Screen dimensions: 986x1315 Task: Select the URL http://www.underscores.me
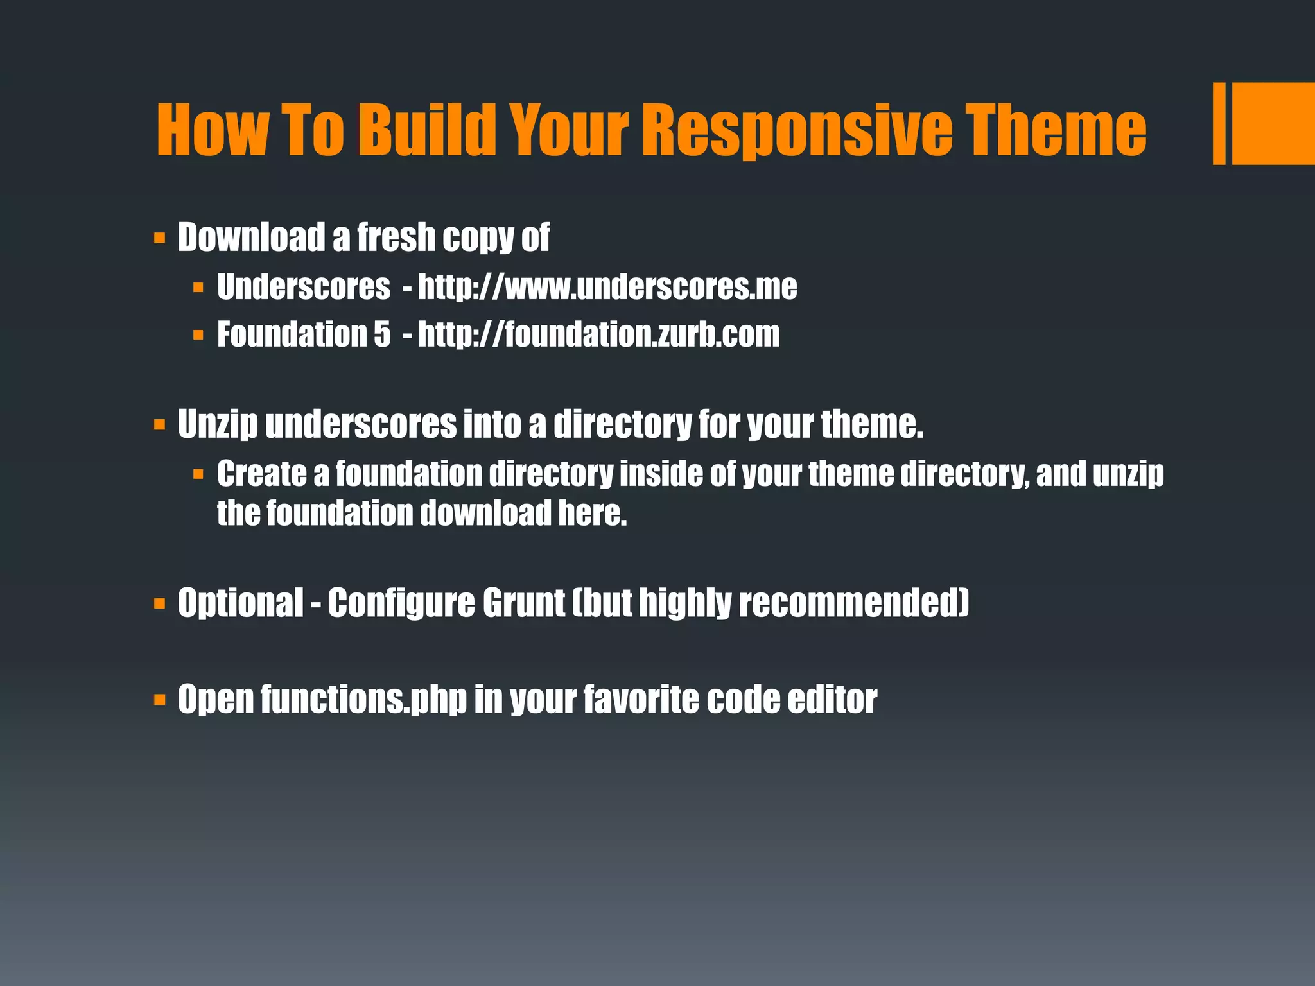click(607, 287)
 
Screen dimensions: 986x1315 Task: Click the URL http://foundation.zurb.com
click(598, 334)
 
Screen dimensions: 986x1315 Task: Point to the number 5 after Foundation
click(382, 334)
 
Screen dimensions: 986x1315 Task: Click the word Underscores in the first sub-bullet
click(303, 287)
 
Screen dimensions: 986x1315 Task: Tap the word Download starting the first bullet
click(251, 237)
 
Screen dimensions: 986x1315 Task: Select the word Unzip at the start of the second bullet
click(218, 424)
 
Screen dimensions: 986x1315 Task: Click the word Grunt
click(523, 603)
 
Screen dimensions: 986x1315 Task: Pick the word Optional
click(240, 603)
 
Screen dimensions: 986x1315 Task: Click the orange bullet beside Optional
click(160, 603)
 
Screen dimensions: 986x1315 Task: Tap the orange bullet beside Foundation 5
click(198, 335)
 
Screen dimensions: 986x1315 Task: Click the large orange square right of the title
click(1273, 123)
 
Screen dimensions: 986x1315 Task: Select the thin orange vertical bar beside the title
click(1219, 123)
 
